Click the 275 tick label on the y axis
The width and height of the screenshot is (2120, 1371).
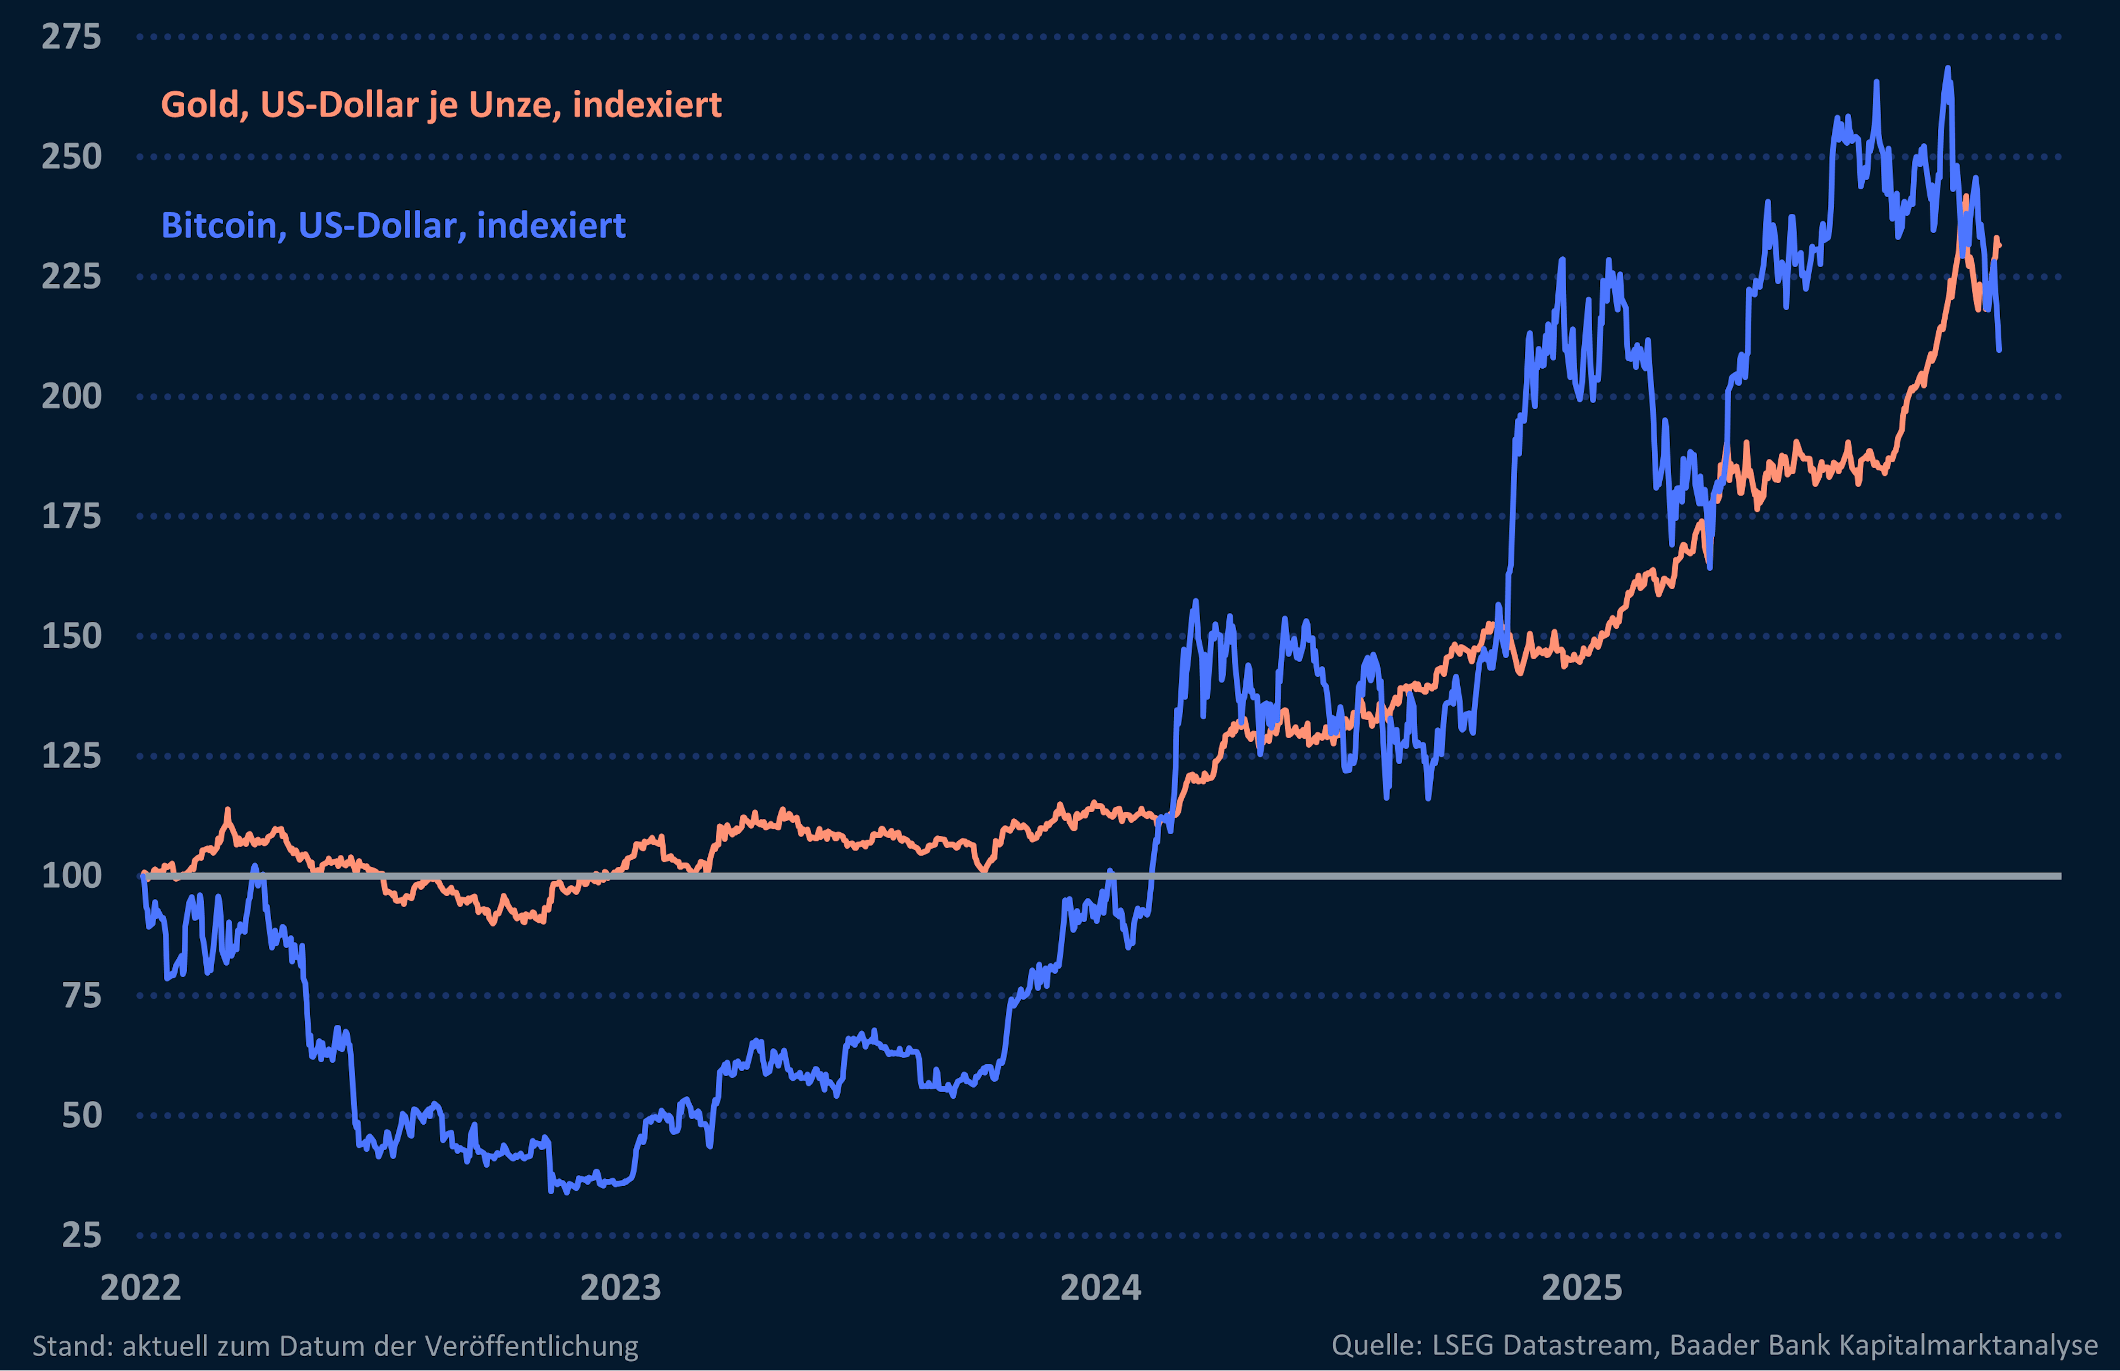pyautogui.click(x=71, y=38)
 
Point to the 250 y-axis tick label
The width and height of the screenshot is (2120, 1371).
pyautogui.click(x=71, y=157)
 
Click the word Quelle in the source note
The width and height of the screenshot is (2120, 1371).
pyautogui.click(x=1376, y=1345)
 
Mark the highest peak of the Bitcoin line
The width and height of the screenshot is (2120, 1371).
pyautogui.click(x=1947, y=68)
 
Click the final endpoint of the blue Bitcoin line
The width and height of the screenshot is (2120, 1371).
pyautogui.click(x=1999, y=350)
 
